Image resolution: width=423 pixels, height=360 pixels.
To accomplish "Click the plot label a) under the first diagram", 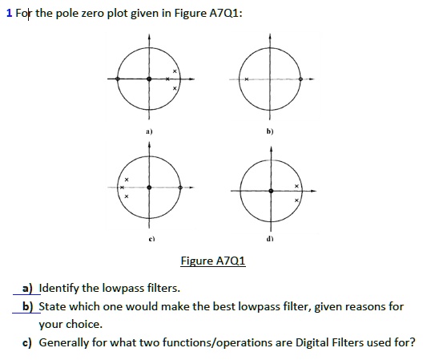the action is pos(149,131).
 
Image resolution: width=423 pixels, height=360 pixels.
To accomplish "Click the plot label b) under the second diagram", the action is pos(270,131).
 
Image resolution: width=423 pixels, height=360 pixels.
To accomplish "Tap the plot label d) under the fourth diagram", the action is pos(270,239).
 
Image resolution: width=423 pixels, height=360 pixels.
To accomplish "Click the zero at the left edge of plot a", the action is pos(117,79).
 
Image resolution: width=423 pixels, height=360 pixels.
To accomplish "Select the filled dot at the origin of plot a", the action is pos(149,79).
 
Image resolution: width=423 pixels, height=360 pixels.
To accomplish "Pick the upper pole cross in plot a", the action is pos(175,71).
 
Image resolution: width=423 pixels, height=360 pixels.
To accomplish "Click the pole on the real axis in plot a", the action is pos(167,79).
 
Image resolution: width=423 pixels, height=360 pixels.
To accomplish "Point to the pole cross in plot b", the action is pos(247,79).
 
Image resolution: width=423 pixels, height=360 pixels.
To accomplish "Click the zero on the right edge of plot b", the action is pos(300,79).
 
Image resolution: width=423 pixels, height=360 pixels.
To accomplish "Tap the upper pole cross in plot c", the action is pos(127,180).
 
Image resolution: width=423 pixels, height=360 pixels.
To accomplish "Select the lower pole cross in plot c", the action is pos(127,196).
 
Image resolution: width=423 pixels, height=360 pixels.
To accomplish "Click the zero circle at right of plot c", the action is pos(180,188).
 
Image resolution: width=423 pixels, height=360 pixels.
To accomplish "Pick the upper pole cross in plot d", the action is pos(296,186).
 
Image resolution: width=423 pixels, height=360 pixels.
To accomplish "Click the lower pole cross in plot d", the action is pos(296,200).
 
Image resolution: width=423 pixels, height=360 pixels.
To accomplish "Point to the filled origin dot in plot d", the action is pos(271,191).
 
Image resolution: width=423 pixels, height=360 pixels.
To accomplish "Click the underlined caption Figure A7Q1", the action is pos(213,261).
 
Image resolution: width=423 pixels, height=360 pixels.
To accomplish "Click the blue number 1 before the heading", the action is pos(10,13).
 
